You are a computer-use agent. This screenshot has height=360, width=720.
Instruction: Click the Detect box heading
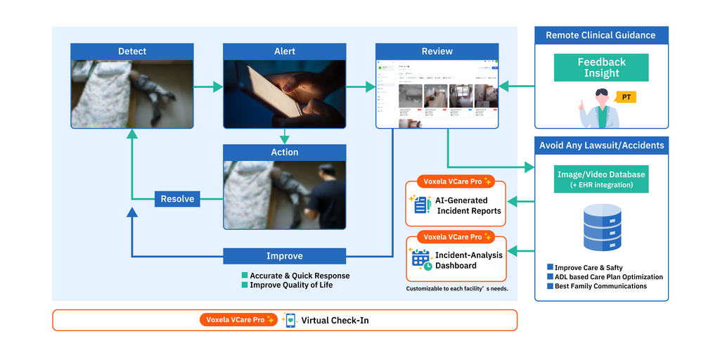132,51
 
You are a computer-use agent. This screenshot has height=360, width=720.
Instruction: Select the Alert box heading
285,51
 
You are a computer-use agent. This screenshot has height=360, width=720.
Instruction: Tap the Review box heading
437,51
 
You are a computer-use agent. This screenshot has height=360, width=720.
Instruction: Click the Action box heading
285,152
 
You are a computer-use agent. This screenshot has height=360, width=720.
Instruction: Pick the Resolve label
177,199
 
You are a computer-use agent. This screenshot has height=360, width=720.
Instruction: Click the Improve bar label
285,256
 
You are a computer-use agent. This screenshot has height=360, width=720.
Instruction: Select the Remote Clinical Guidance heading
600,35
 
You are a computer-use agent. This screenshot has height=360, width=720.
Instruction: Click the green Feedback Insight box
601,67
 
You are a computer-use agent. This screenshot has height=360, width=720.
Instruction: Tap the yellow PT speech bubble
625,97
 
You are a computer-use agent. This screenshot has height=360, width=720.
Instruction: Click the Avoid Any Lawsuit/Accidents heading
601,146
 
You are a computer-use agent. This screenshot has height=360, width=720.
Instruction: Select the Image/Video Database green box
600,179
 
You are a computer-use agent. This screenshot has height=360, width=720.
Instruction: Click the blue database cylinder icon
601,228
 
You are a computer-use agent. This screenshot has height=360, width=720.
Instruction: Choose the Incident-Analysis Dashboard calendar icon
421,260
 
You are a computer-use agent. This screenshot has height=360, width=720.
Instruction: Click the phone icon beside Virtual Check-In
290,320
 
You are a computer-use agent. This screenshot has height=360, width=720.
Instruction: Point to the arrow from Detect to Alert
208,87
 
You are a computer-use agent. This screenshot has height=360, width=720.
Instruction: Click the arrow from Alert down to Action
285,136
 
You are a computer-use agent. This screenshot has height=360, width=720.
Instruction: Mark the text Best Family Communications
600,286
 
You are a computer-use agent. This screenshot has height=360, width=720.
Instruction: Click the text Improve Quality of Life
291,285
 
